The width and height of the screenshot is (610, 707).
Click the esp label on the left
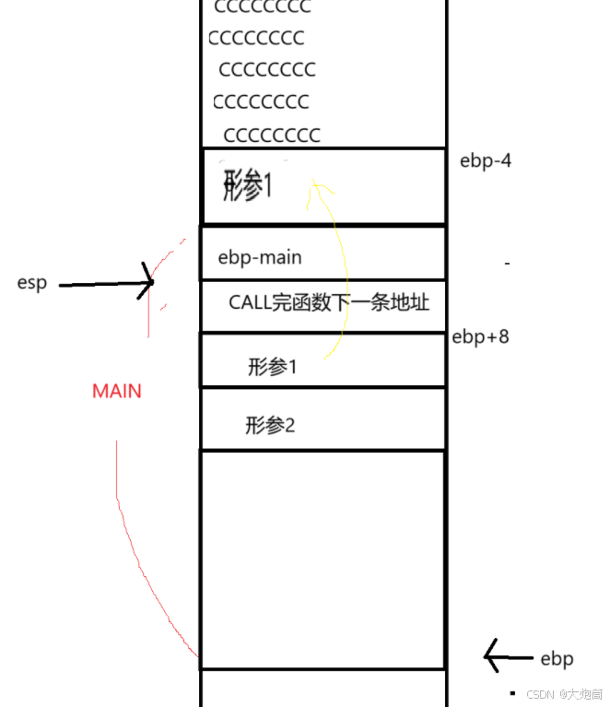pyautogui.click(x=31, y=283)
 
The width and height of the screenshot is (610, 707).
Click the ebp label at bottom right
pyautogui.click(x=557, y=659)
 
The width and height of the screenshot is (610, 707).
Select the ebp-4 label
pyautogui.click(x=486, y=161)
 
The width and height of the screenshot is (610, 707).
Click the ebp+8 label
pyautogui.click(x=480, y=336)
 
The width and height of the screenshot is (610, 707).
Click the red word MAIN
pyautogui.click(x=117, y=391)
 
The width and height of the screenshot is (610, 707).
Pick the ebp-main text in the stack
pyautogui.click(x=260, y=257)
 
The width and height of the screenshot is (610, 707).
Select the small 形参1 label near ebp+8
pyautogui.click(x=273, y=367)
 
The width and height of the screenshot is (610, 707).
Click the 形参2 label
pyautogui.click(x=270, y=426)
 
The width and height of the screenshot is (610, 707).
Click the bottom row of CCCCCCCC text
pyautogui.click(x=272, y=136)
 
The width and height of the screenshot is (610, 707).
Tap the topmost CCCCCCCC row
pyautogui.click(x=262, y=7)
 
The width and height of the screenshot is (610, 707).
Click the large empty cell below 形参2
pyautogui.click(x=323, y=559)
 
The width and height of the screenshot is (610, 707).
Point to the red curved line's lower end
pyautogui.click(x=198, y=655)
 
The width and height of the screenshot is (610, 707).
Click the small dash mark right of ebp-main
pyautogui.click(x=507, y=265)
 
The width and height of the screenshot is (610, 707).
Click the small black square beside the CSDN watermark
pyautogui.click(x=512, y=692)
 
